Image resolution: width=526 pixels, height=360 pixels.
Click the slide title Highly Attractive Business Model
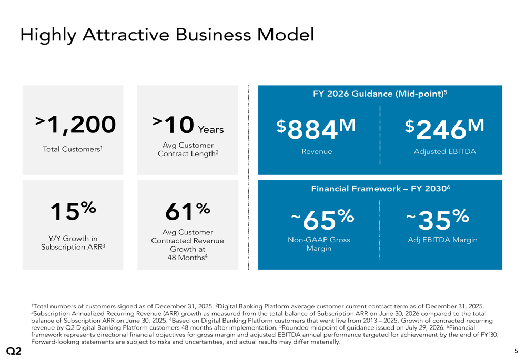tap(167, 35)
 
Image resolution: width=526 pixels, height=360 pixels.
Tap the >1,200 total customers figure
tap(75, 125)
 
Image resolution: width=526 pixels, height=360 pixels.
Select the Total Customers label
tap(73, 149)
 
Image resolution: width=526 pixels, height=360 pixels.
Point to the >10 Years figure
tap(188, 125)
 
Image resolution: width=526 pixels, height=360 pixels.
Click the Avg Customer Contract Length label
tap(188, 149)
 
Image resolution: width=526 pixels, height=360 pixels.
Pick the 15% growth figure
tap(73, 211)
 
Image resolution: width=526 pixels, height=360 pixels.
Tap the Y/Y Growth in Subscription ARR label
tap(73, 243)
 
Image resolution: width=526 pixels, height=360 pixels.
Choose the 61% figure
tap(188, 211)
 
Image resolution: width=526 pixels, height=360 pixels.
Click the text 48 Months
tap(188, 258)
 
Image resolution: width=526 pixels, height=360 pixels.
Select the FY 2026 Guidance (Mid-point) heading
tap(380, 94)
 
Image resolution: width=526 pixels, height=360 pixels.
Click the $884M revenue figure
tap(316, 129)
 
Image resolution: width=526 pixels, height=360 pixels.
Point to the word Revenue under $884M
tap(317, 151)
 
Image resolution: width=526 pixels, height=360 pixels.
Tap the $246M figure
tap(444, 129)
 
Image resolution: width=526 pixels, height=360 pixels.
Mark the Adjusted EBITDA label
tap(445, 151)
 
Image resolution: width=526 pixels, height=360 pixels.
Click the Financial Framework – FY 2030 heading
tap(380, 188)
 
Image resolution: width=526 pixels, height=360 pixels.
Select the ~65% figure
tap(322, 220)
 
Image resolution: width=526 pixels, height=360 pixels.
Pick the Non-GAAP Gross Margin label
tap(319, 244)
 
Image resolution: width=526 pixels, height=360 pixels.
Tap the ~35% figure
tap(438, 220)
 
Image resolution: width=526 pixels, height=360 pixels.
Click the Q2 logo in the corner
tap(14, 351)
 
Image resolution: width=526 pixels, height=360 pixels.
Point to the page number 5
tap(517, 351)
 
